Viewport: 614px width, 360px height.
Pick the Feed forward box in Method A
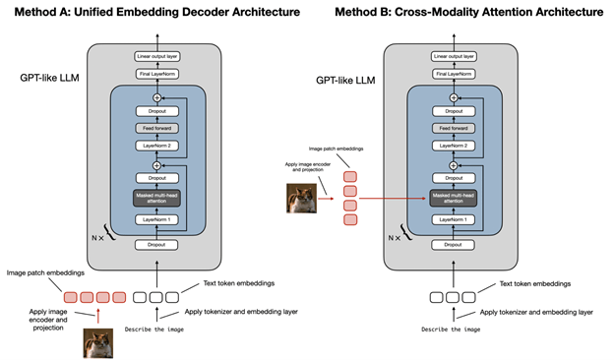(161, 129)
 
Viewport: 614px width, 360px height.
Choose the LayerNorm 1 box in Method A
(161, 218)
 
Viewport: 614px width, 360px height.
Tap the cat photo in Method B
(302, 198)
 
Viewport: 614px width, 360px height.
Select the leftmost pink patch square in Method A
(69, 296)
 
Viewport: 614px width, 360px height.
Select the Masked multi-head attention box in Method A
(161, 198)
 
